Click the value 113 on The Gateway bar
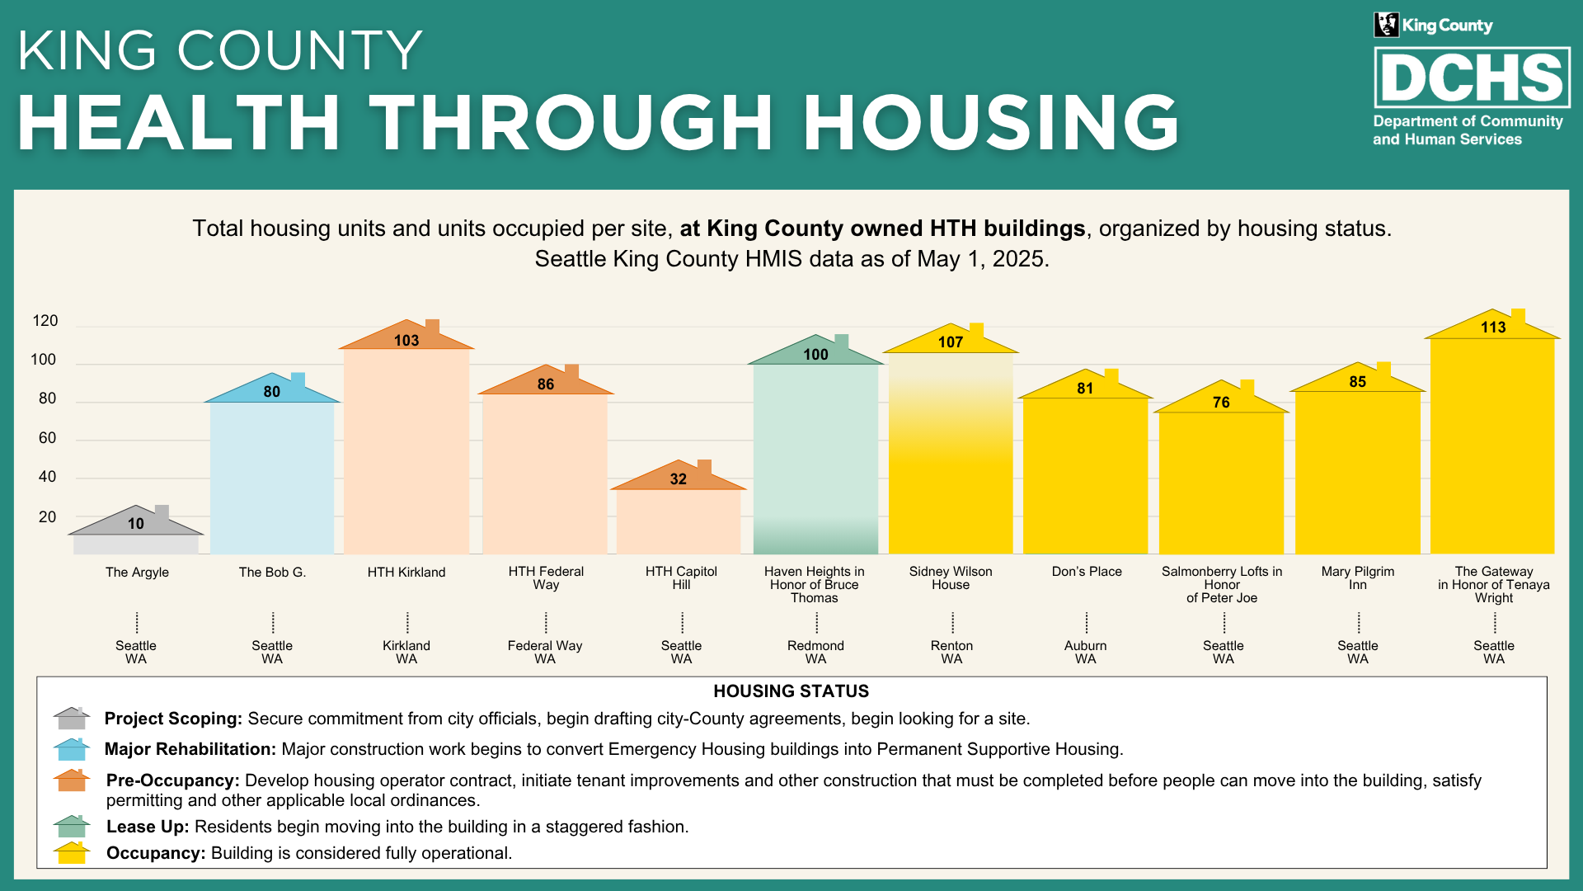click(1492, 328)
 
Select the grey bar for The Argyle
click(136, 544)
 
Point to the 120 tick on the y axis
click(45, 321)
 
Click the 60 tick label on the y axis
click(47, 438)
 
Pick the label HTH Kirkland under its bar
click(406, 573)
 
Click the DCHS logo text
click(1472, 78)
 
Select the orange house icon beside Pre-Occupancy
click(72, 780)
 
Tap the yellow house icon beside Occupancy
click(72, 853)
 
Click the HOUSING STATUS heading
click(791, 691)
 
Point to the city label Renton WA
click(951, 652)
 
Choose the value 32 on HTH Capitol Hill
click(678, 479)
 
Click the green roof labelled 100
click(815, 354)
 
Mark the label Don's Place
click(1087, 572)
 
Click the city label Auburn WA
click(1086, 652)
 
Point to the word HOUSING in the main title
click(991, 123)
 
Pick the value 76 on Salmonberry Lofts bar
click(1221, 403)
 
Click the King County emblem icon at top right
click(1386, 25)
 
